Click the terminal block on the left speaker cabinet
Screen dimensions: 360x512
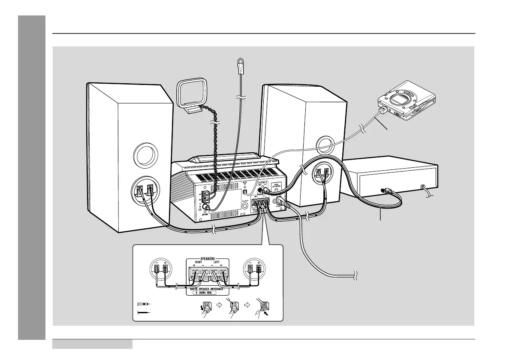pyautogui.click(x=144, y=190)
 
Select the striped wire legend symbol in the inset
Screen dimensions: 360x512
pyautogui.click(x=143, y=304)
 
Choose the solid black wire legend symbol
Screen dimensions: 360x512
pyautogui.click(x=143, y=313)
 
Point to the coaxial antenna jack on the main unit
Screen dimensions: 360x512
pyautogui.click(x=206, y=207)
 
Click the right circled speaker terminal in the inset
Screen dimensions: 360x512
pyautogui.click(x=253, y=269)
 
